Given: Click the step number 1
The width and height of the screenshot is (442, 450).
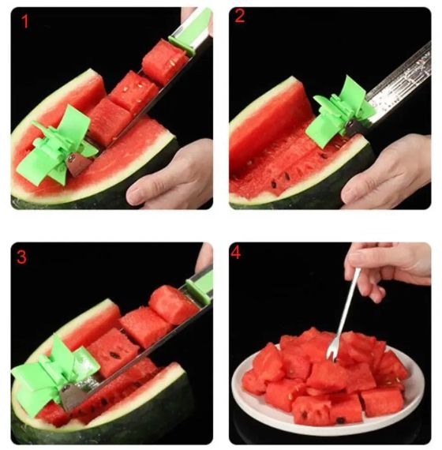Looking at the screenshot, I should tap(25, 21).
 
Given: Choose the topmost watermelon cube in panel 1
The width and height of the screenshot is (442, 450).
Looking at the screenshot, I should tap(164, 61).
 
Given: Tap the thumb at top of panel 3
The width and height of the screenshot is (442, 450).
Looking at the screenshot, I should tap(204, 257).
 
